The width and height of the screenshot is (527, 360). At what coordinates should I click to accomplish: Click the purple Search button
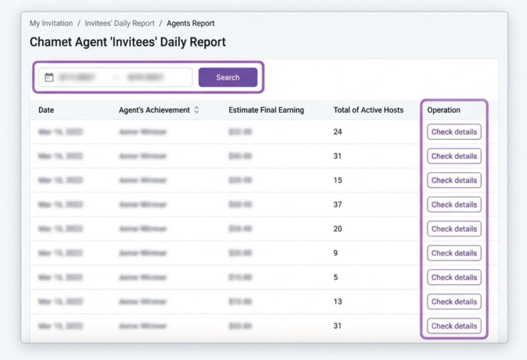(227, 77)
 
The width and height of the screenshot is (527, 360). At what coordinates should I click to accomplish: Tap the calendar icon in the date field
(49, 77)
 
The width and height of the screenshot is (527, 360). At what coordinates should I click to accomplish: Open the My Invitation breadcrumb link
(51, 23)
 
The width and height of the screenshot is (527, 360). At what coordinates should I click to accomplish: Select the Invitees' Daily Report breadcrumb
(119, 23)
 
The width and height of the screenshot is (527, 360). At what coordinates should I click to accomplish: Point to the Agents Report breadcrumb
(190, 23)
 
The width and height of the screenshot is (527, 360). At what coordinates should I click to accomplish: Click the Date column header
(46, 110)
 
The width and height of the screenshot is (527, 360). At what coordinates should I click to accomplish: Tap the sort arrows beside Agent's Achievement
(197, 110)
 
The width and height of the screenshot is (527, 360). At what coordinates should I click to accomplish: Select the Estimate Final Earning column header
(266, 110)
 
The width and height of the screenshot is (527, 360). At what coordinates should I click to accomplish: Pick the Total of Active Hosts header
(368, 110)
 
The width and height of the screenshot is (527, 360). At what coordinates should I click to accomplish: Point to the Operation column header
(444, 110)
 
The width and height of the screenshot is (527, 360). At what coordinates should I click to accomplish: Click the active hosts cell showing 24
(338, 132)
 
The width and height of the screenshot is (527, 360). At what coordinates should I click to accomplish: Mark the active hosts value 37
(338, 204)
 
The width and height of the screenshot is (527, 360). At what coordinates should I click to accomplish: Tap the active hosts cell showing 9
(336, 253)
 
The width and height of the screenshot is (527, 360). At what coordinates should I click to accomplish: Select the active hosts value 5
(336, 277)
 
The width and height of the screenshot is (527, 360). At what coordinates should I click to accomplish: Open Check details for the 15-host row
(454, 180)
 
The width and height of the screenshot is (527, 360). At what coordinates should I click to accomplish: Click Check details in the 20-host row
(454, 229)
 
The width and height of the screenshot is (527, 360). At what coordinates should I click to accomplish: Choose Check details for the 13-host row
(454, 301)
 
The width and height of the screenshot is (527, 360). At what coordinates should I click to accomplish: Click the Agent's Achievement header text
(154, 110)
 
